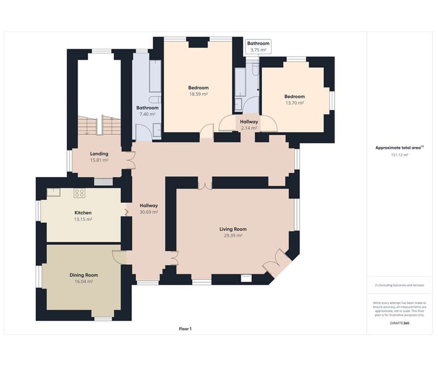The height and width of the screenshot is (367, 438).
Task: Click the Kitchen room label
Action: tap(83, 213)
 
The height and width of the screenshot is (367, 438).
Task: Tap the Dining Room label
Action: tap(84, 275)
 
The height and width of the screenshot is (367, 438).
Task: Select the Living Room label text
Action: tap(233, 229)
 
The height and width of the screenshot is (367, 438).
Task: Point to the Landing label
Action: tap(99, 154)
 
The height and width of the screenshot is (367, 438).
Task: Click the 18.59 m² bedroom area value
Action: tap(198, 94)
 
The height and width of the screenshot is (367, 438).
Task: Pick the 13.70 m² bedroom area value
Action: tap(295, 103)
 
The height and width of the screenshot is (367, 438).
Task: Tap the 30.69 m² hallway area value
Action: tap(149, 212)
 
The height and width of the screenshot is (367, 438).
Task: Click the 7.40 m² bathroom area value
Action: tap(147, 114)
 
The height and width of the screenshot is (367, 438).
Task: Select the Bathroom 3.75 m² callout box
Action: tap(258, 47)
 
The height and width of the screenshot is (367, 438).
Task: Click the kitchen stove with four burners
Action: tap(79, 193)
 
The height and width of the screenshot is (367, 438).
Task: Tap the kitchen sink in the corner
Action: tap(53, 192)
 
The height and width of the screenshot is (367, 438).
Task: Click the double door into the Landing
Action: tap(131, 160)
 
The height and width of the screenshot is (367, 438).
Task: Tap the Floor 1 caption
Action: tap(185, 329)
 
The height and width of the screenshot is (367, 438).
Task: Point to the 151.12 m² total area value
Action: tap(400, 155)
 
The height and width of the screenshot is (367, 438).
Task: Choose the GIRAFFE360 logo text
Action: tap(400, 323)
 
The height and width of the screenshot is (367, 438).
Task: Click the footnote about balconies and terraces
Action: tap(400, 285)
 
